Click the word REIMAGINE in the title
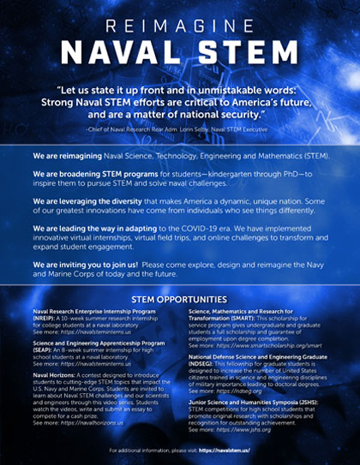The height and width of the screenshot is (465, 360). click(180, 17)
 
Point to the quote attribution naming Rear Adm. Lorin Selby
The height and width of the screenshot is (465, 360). click(180, 127)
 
